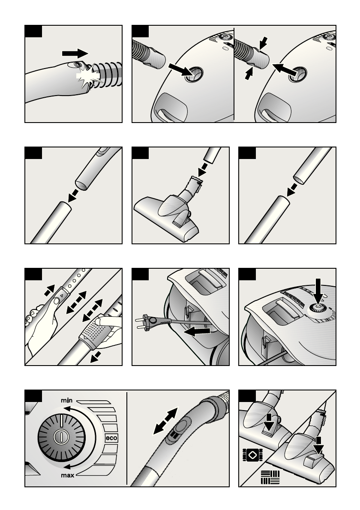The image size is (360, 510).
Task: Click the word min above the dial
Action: click(x=67, y=400)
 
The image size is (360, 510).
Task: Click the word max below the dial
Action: click(x=68, y=475)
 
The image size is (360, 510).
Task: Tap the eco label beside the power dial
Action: click(x=111, y=438)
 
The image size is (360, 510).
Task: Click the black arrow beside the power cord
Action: click(x=196, y=331)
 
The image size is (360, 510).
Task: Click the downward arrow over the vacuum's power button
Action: click(x=318, y=291)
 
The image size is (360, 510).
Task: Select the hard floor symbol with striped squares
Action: click(x=270, y=477)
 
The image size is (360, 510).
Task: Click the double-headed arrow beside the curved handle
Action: click(x=165, y=420)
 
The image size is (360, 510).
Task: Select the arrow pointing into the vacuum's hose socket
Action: click(x=181, y=70)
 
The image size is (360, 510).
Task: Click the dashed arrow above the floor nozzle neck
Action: click(x=204, y=169)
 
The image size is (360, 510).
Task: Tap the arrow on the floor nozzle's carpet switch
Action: click(x=269, y=422)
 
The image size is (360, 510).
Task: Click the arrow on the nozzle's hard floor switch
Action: click(x=319, y=445)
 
